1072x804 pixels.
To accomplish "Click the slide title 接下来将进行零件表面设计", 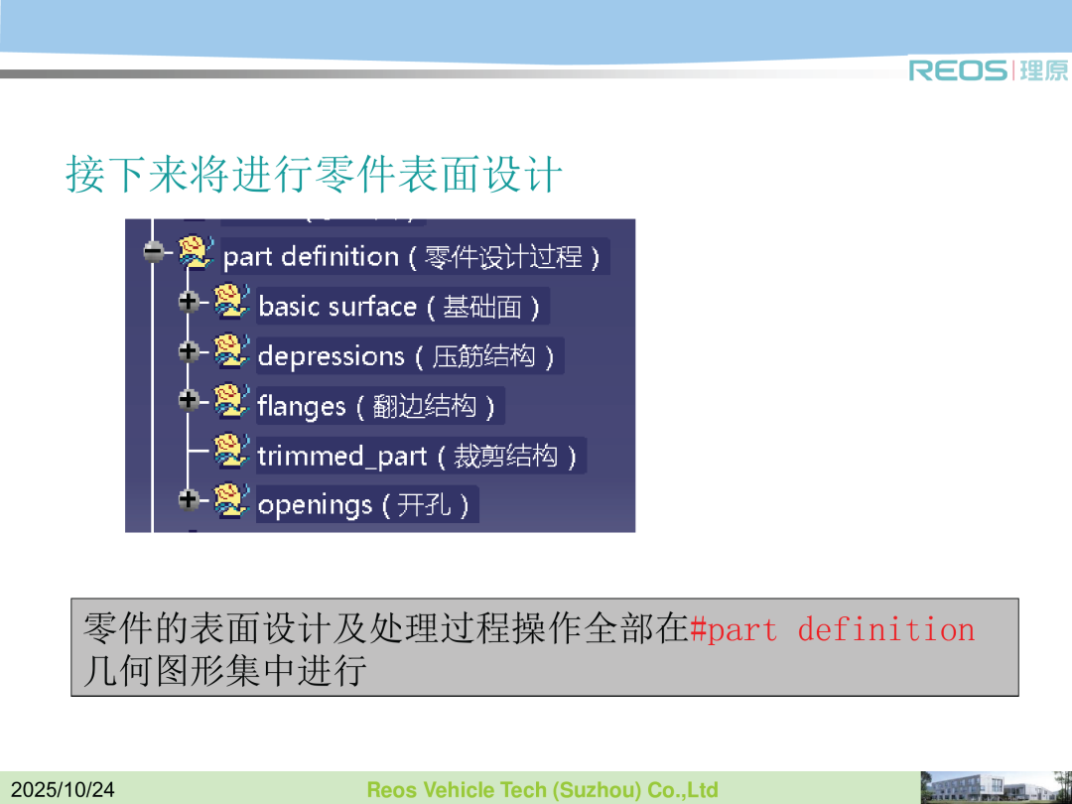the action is click(x=315, y=174).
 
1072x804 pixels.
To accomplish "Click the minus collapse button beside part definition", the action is click(x=154, y=251).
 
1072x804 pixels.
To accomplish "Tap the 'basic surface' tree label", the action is click(x=399, y=307).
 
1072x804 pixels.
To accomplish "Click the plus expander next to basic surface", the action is click(x=189, y=302).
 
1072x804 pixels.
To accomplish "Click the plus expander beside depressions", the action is click(x=189, y=351).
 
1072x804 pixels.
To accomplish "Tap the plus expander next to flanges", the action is click(x=189, y=400).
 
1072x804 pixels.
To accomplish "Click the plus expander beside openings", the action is click(x=189, y=499).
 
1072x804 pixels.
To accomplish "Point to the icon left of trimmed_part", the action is click(x=231, y=452).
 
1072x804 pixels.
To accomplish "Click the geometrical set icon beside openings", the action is click(x=231, y=500).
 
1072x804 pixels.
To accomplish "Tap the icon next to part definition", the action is click(x=197, y=252).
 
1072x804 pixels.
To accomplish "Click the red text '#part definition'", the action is click(x=833, y=629).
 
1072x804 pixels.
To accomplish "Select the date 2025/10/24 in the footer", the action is click(x=63, y=790).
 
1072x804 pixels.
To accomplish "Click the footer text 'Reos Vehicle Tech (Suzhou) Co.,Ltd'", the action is click(x=542, y=790).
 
